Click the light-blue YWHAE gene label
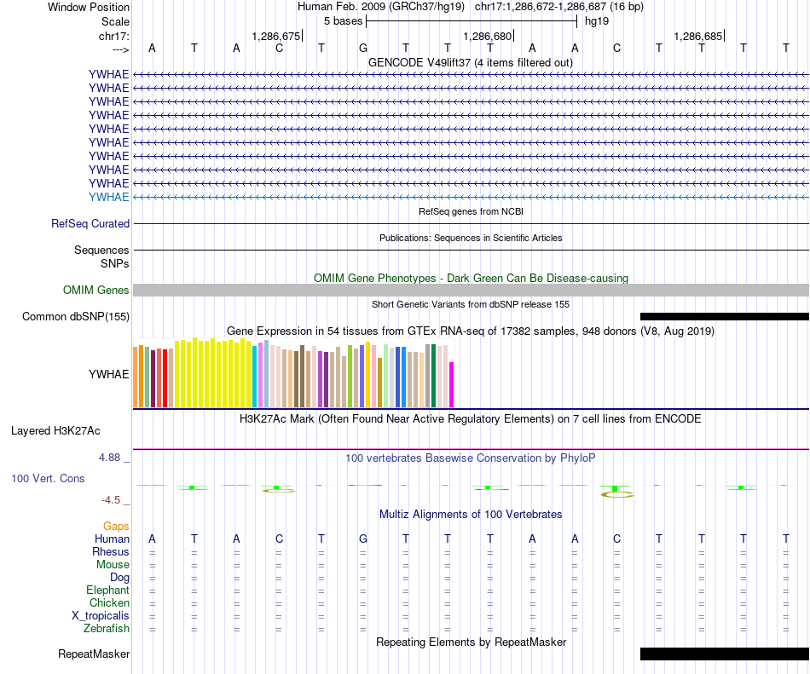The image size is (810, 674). [x=109, y=197]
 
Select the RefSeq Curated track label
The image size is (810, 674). [x=90, y=223]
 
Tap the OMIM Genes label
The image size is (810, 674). [x=96, y=291]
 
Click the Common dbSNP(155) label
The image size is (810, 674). [x=76, y=317]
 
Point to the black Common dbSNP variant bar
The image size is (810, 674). [x=724, y=316]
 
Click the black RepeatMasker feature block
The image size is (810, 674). [x=724, y=654]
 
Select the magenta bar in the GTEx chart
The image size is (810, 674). [x=452, y=385]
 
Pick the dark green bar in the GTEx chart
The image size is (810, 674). [x=434, y=376]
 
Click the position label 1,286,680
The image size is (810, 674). [x=487, y=36]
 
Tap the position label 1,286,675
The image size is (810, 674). [x=276, y=36]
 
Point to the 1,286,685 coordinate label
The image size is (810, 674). [x=697, y=36]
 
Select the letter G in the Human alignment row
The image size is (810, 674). [x=362, y=539]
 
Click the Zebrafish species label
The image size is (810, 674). [x=107, y=629]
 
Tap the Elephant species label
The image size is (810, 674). [x=107, y=590]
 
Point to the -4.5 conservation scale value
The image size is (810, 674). [x=116, y=500]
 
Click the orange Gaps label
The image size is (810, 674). [x=116, y=527]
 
